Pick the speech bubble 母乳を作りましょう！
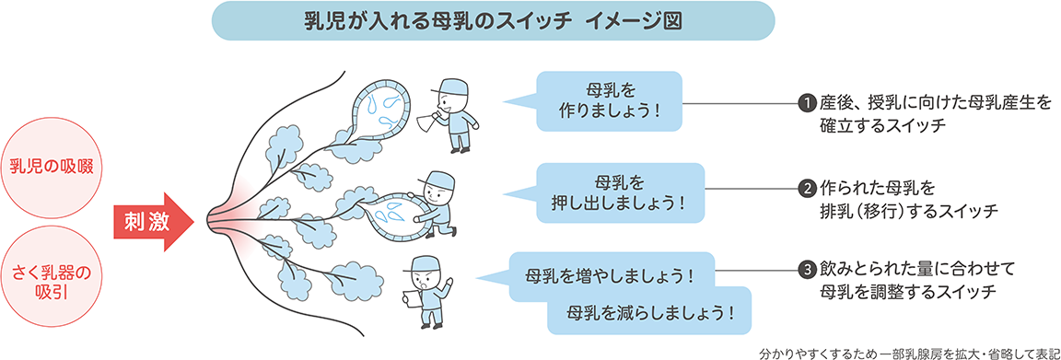click(610, 101)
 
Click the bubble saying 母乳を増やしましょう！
click(609, 274)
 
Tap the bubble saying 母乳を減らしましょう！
click(650, 310)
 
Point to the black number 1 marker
click(807, 101)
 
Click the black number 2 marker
click(807, 189)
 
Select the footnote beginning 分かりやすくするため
click(906, 351)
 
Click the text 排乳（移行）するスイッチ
click(908, 210)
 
